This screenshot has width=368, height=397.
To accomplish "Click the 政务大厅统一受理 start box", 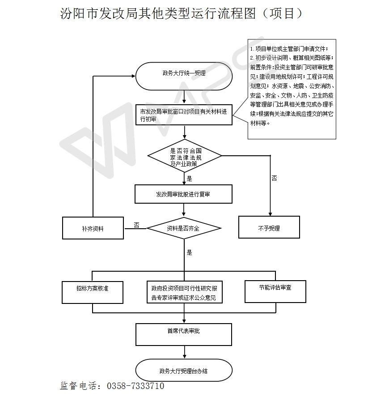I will click(x=184, y=73).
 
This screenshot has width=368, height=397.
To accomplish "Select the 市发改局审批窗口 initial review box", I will click(x=184, y=115).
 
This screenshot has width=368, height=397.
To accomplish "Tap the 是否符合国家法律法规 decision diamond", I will click(x=185, y=156).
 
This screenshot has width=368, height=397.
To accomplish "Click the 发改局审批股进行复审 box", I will click(x=183, y=194).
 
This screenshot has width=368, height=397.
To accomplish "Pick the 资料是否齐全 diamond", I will click(x=184, y=228).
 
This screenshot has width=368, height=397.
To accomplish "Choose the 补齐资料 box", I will click(x=93, y=228).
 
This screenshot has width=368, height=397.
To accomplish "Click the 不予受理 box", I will click(x=269, y=228).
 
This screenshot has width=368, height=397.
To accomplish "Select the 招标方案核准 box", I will click(x=93, y=289).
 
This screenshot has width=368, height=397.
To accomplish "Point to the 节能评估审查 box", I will click(x=275, y=288).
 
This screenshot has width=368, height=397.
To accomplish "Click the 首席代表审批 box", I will click(x=184, y=332).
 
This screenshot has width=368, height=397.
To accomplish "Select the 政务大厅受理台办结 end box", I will click(x=184, y=371).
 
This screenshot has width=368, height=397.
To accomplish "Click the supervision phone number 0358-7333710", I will click(x=136, y=386).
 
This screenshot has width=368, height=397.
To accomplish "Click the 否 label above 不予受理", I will click(x=274, y=178).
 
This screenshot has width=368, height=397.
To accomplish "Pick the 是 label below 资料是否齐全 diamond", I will click(x=189, y=252).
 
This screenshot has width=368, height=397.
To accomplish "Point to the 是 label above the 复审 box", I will click(x=189, y=179).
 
